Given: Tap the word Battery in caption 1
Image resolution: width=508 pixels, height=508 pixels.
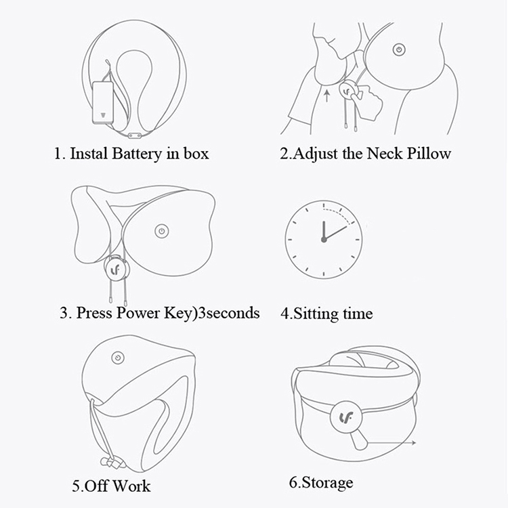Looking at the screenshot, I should [x=135, y=153].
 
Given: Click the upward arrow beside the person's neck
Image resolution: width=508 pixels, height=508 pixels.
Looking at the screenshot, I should [x=326, y=93].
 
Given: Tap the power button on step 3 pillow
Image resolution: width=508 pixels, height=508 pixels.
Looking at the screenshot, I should [x=161, y=231].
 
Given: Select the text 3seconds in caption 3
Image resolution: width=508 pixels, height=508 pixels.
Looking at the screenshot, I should [x=227, y=313].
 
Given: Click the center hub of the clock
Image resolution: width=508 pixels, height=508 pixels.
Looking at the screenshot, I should [x=324, y=239].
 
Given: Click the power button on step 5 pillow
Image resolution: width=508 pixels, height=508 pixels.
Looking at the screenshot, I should [x=118, y=358].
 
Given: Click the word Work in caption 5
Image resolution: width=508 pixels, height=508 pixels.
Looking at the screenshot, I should [x=132, y=486].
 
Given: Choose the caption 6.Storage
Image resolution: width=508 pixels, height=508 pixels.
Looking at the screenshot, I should [x=321, y=483].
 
